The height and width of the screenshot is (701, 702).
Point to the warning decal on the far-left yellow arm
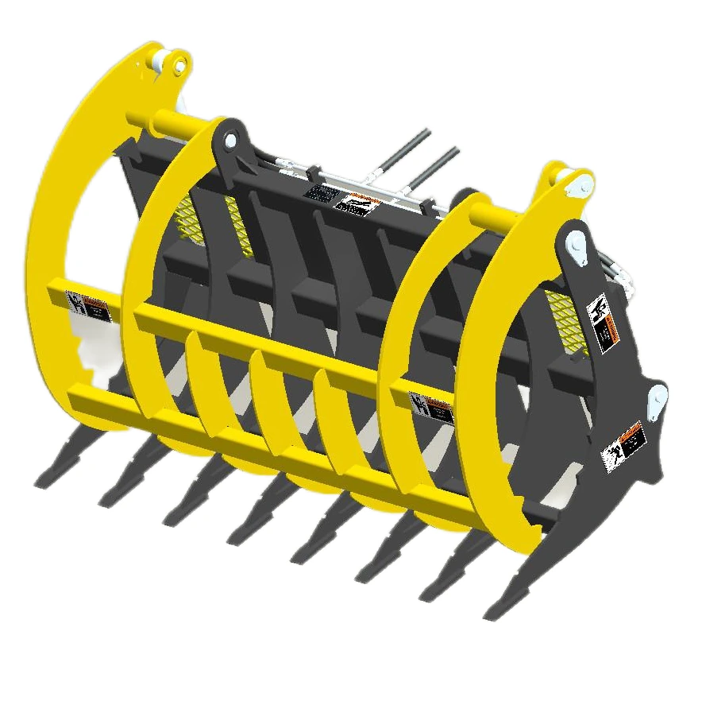point(88,306)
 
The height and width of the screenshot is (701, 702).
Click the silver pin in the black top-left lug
point(230,141)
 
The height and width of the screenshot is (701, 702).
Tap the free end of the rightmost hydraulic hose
point(457,149)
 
